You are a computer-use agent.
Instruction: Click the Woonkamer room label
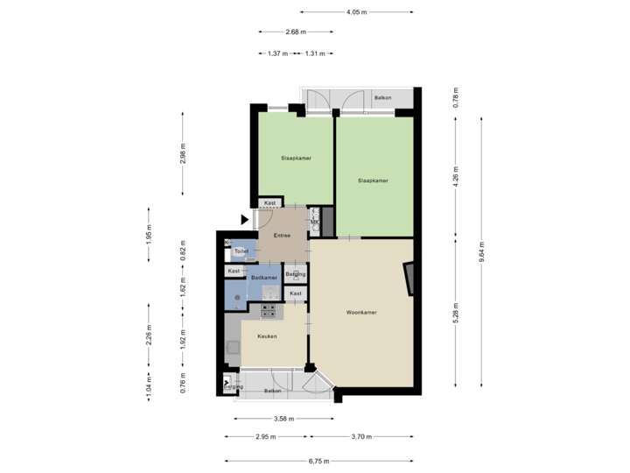tap(361, 312)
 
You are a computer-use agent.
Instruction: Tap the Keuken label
tap(267, 336)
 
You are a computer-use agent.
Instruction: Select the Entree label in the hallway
tap(282, 235)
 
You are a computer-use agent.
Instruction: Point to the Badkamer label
tap(263, 278)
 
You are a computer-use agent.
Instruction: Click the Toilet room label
tap(241, 251)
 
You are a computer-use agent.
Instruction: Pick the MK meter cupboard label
tap(315, 222)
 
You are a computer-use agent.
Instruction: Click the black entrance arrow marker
tap(244, 219)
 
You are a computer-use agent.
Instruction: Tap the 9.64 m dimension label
tap(482, 253)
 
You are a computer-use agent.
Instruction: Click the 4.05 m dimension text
tap(356, 12)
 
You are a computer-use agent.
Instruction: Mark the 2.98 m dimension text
tap(182, 152)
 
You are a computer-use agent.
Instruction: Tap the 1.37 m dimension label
tap(278, 53)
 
